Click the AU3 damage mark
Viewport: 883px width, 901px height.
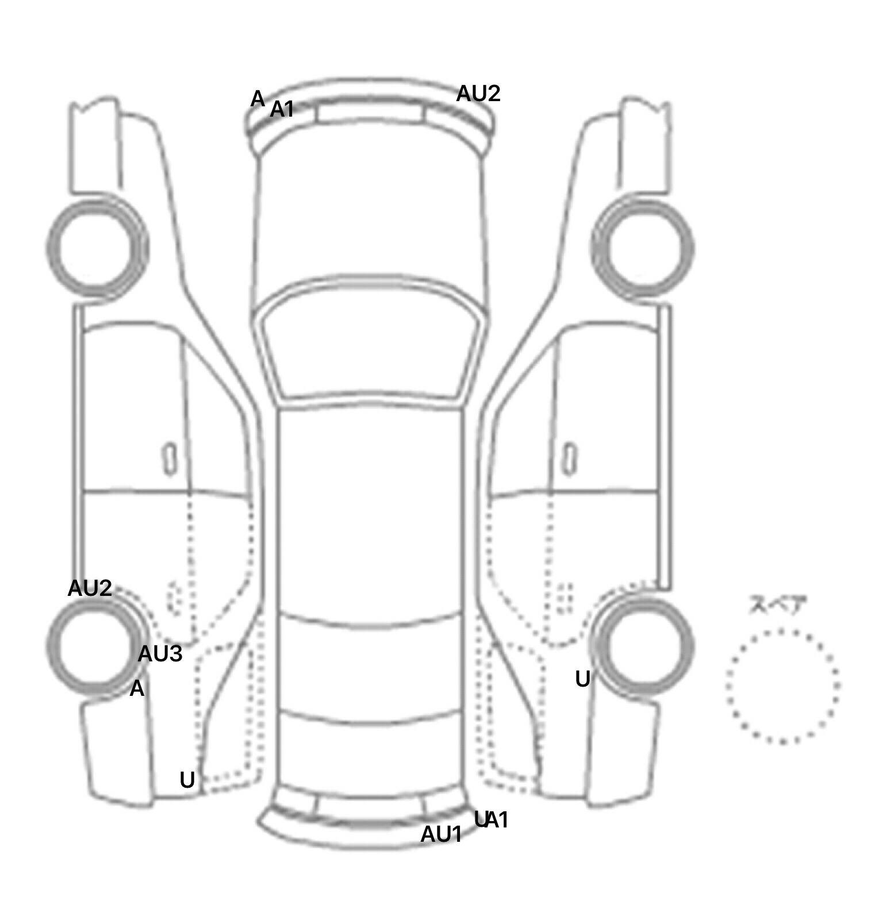160,653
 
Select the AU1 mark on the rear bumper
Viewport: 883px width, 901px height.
441,834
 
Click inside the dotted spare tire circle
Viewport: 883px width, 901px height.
782,686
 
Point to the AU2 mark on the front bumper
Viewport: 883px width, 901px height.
478,94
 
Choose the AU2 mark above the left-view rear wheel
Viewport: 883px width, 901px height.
90,588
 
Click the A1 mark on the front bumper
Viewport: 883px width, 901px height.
282,109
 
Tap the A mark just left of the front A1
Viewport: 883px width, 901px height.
258,99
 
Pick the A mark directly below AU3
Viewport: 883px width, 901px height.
137,688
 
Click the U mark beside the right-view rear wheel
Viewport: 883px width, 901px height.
582,680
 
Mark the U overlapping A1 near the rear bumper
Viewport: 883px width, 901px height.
480,819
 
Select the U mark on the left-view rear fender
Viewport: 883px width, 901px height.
187,780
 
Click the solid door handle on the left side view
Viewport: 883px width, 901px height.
170,459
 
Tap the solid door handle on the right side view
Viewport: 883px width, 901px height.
569,459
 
